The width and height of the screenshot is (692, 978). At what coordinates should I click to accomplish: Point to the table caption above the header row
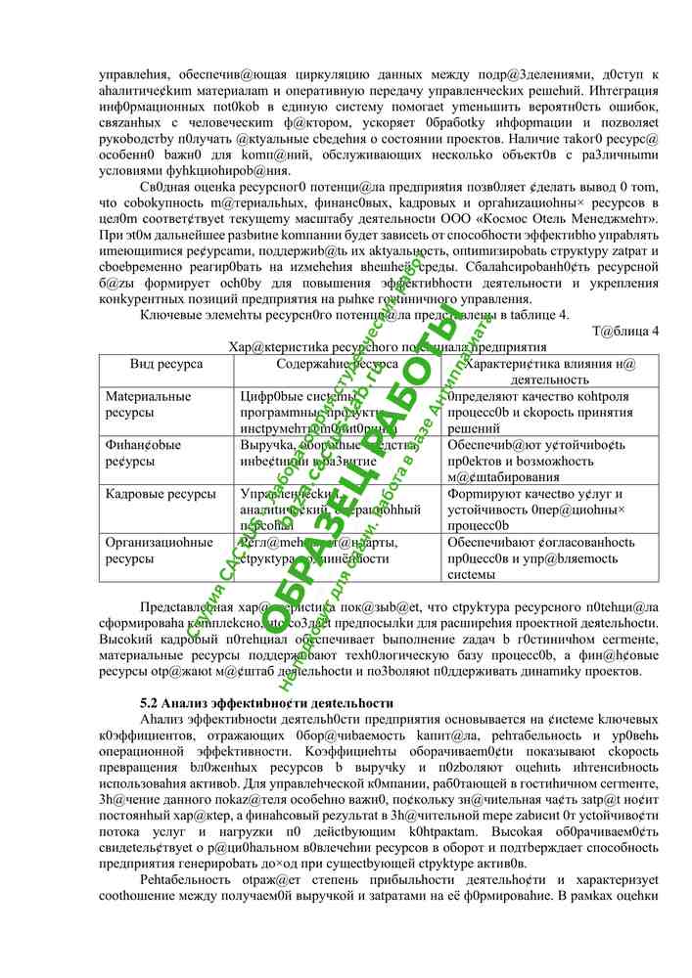[x=387, y=346]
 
